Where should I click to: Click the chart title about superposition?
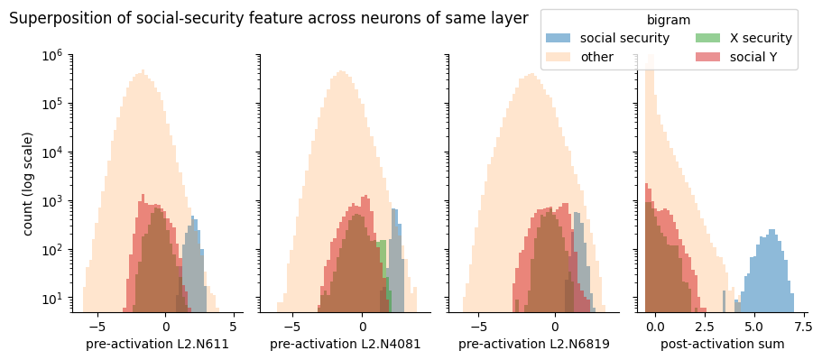(269, 19)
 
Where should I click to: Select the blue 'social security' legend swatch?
(559, 38)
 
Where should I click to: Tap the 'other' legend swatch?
(559, 57)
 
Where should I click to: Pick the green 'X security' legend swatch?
(708, 38)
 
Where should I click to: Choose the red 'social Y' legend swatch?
(708, 57)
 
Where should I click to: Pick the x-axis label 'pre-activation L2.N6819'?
(533, 345)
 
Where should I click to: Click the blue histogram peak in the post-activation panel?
(771, 231)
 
